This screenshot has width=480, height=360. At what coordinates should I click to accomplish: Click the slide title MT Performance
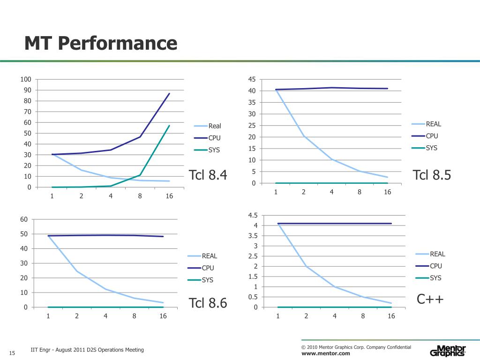101,44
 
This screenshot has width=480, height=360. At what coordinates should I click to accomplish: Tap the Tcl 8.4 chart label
208,175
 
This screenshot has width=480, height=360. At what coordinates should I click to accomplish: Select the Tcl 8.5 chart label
432,175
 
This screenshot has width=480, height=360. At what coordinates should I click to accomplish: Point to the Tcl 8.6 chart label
208,303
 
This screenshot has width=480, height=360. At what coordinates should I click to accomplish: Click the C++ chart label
430,299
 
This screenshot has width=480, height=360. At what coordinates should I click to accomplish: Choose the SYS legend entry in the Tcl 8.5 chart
431,148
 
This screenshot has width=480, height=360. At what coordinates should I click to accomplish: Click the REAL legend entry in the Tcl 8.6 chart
210,256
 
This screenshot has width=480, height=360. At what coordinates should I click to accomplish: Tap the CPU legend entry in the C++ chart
435,266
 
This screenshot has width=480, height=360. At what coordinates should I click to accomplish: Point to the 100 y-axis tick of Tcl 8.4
26,79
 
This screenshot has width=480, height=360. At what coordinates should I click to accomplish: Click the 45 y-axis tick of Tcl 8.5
252,79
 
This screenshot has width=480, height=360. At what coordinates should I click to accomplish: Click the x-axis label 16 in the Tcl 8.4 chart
169,196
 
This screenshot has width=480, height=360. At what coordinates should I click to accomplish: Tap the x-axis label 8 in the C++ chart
363,316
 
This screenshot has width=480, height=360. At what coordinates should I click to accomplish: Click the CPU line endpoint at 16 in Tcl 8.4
169,93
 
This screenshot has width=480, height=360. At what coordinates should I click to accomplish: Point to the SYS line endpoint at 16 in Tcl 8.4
169,126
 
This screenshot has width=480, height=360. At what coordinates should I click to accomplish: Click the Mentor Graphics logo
448,351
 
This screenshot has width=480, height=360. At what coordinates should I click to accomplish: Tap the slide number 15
12,353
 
